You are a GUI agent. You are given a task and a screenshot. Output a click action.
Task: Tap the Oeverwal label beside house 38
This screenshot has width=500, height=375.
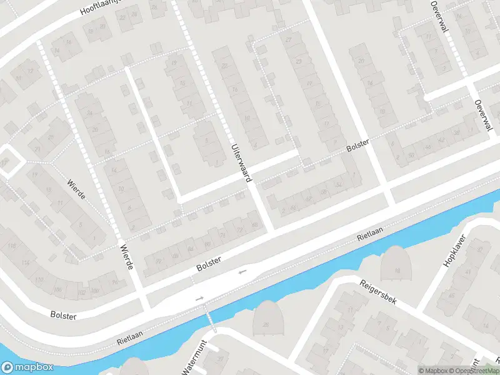point(481,116)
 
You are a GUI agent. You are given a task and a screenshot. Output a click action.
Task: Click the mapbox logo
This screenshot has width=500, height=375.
point(27,367)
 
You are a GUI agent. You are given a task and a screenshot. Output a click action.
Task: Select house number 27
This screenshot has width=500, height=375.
point(288,40)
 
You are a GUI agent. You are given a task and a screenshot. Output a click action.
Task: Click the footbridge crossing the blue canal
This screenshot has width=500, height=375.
point(210,318)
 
